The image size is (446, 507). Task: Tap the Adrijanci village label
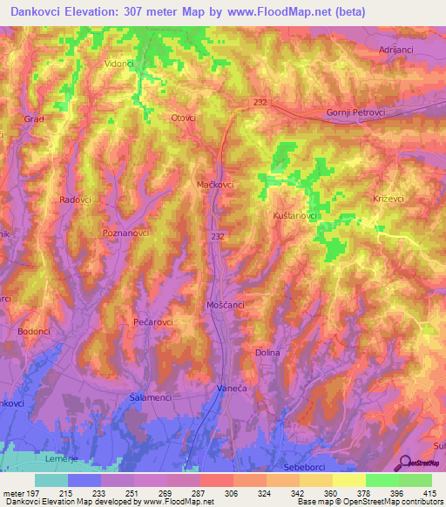(401, 51)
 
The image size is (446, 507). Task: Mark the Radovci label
(75, 199)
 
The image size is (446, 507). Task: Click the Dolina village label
(267, 352)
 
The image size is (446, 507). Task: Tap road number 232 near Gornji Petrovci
(261, 102)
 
